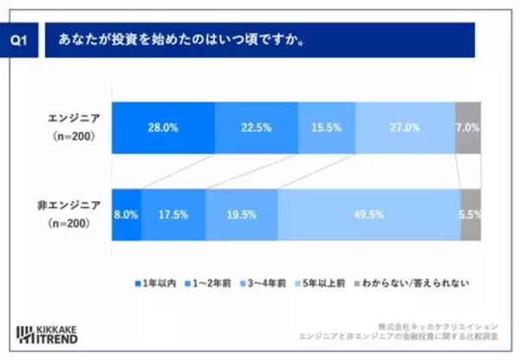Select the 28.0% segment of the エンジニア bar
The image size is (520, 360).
click(163, 128)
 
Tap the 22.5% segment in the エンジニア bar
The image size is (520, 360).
click(256, 128)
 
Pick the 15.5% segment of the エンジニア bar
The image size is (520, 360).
click(326, 128)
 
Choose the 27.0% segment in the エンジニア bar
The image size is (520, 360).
click(405, 128)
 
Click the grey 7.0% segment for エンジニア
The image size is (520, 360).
click(468, 128)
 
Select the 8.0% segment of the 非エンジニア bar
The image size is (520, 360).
click(127, 213)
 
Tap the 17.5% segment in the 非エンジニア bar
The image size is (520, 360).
click(173, 213)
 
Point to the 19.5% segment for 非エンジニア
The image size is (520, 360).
click(242, 213)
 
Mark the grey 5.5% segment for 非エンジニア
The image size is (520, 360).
click(471, 213)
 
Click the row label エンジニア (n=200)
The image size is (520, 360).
click(75, 128)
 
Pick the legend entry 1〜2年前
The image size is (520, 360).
click(212, 284)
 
